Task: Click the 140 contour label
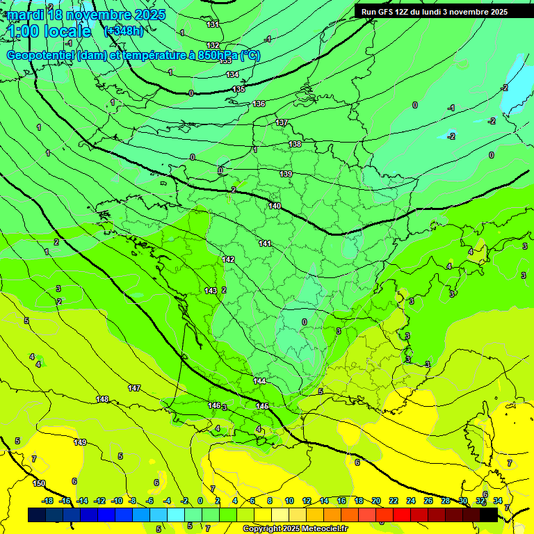tap(275, 206)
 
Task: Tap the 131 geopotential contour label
tap(213, 24)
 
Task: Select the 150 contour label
tap(39, 483)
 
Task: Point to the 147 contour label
tap(134, 388)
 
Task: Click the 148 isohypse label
tap(102, 399)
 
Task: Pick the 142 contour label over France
tap(228, 259)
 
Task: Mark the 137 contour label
tap(282, 122)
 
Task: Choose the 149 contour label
tap(80, 442)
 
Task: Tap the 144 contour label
tap(259, 381)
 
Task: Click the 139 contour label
tap(286, 173)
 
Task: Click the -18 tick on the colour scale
tap(47, 501)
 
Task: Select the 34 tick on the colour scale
tap(497, 501)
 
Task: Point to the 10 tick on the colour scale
tap(289, 501)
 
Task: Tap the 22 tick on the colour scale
tap(394, 501)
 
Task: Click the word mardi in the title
tap(26, 15)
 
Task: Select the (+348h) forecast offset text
tap(124, 31)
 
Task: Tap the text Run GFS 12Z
tap(384, 12)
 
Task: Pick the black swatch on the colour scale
tap(489, 515)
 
